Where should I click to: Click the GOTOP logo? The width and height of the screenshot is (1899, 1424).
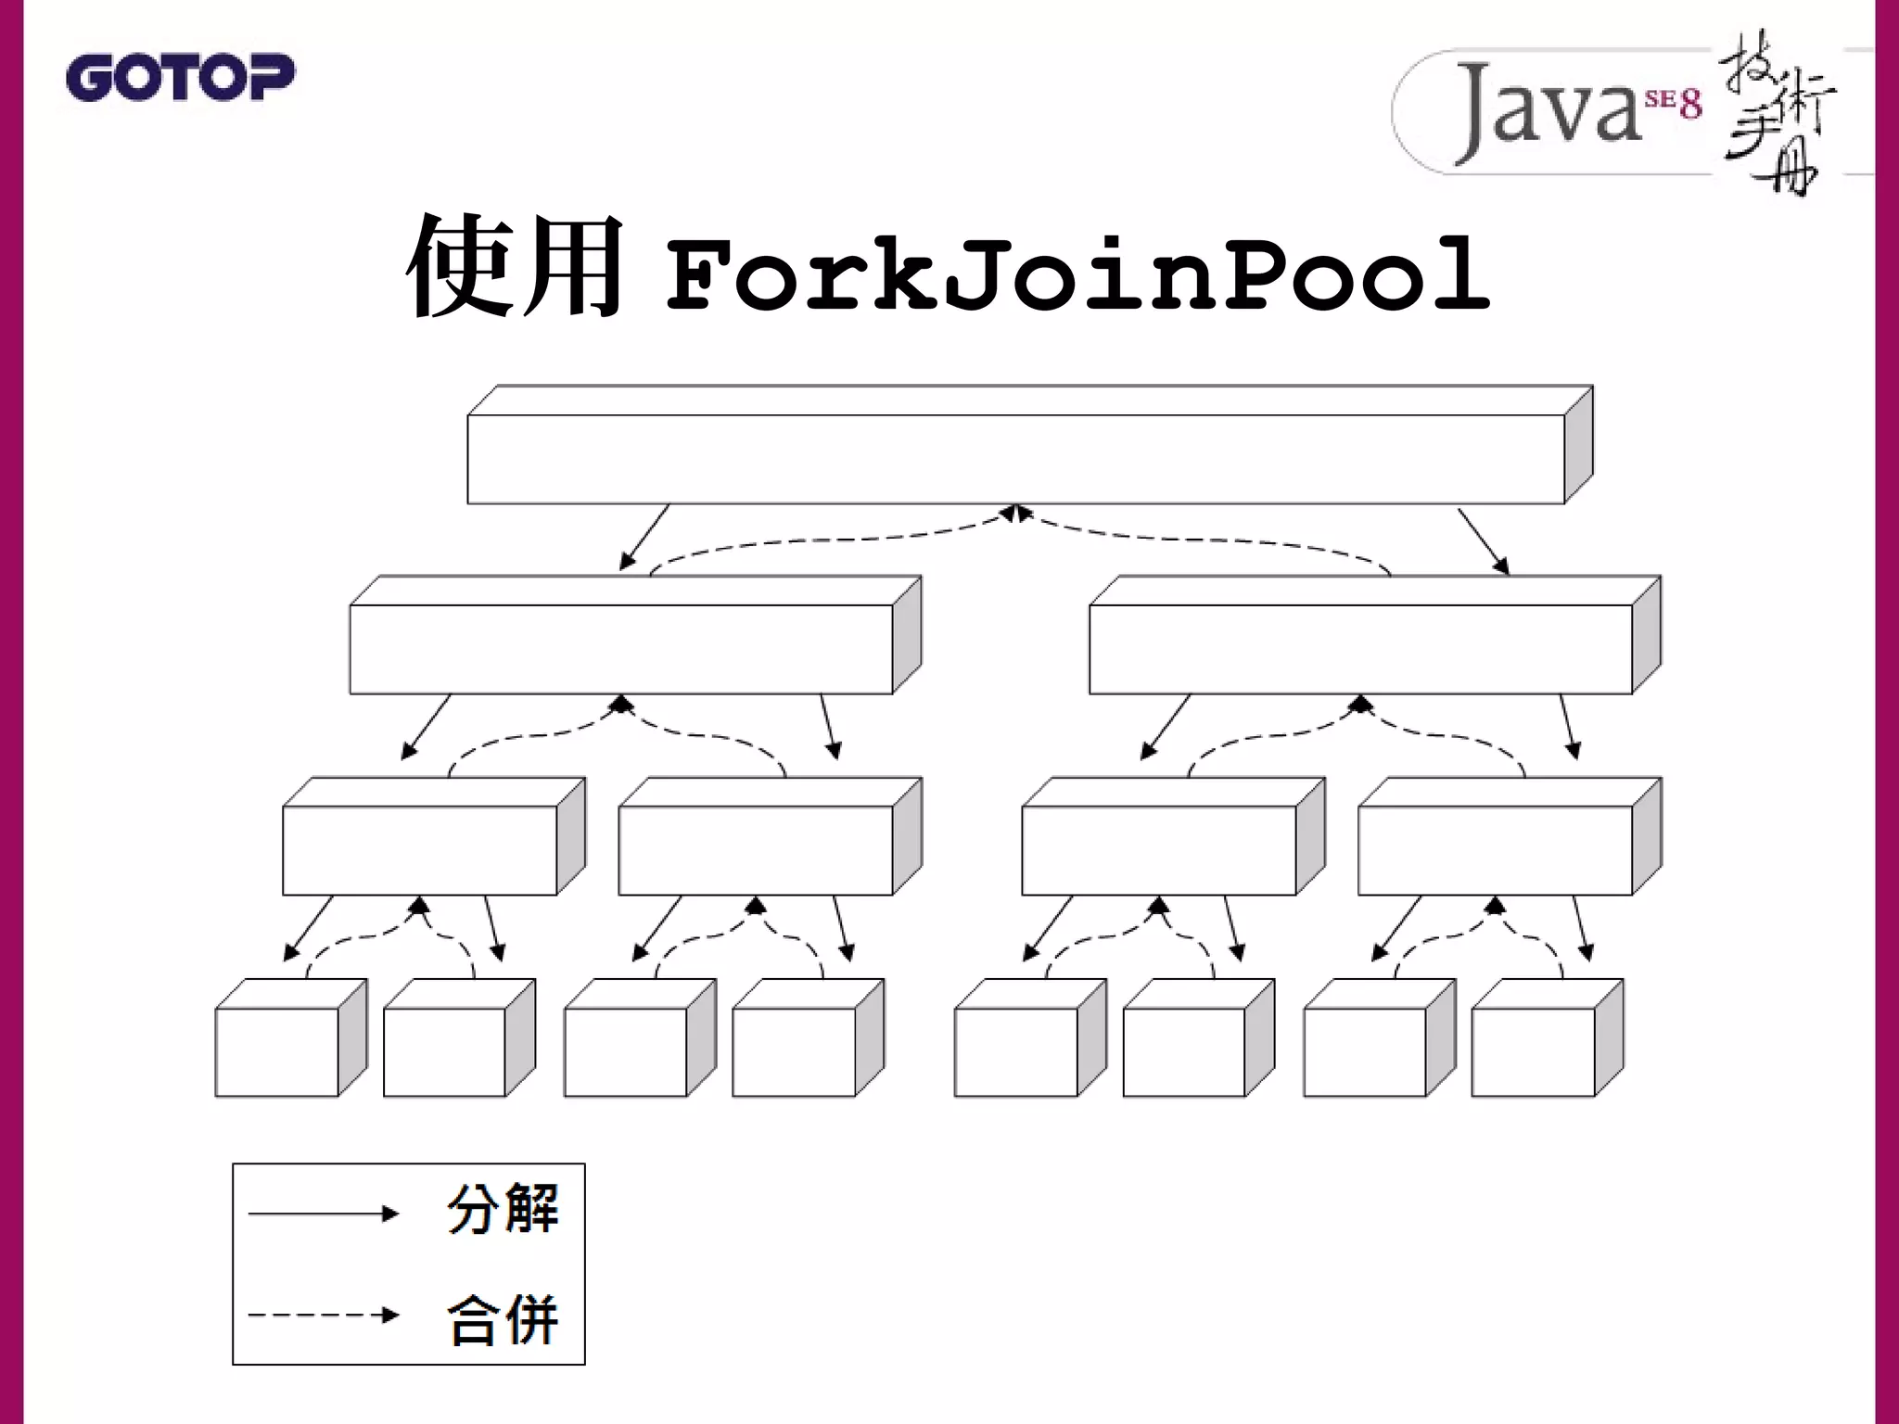point(180,78)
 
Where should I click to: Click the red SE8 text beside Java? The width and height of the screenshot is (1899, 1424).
point(1674,103)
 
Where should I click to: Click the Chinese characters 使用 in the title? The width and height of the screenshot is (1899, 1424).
point(516,269)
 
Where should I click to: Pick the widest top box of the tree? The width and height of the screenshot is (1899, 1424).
point(1015,459)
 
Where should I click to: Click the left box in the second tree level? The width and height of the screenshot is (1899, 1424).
point(620,649)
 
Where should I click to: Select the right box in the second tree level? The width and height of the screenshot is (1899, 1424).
point(1360,649)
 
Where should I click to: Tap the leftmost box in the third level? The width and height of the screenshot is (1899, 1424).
point(419,849)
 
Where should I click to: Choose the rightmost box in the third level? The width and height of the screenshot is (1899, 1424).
point(1495,849)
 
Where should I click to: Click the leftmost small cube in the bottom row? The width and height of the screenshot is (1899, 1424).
point(276,1051)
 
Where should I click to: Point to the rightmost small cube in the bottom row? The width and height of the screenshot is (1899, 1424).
point(1533,1051)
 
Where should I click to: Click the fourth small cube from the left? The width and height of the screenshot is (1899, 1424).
point(793,1051)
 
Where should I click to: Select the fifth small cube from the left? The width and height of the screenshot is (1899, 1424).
point(1015,1051)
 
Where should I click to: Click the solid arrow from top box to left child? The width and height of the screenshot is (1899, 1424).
point(644,537)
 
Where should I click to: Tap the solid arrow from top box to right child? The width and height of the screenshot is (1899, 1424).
point(1483,540)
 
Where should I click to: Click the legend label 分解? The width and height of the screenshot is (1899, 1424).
point(503,1209)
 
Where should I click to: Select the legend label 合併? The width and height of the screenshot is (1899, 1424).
point(503,1318)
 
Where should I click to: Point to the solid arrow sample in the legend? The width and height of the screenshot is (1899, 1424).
point(323,1214)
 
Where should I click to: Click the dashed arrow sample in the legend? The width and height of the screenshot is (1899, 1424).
point(323,1315)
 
